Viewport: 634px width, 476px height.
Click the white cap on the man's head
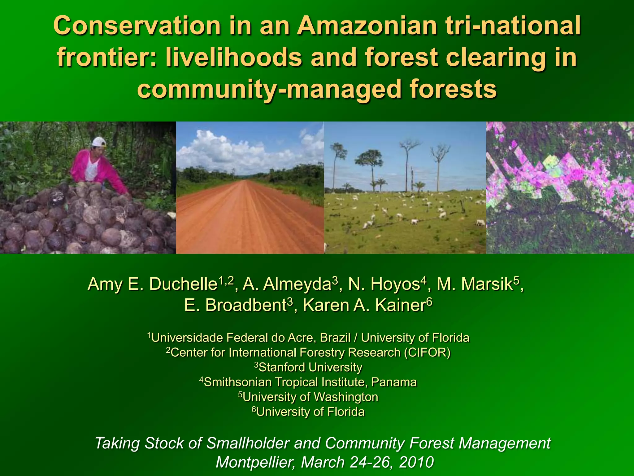pyautogui.click(x=99, y=142)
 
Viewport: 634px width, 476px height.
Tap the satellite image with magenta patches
pyautogui.click(x=560, y=187)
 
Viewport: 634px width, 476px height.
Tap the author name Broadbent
pyautogui.click(x=245, y=305)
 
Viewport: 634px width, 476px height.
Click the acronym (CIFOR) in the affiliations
pyautogui.click(x=427, y=352)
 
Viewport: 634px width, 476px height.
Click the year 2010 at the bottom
pyautogui.click(x=416, y=462)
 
